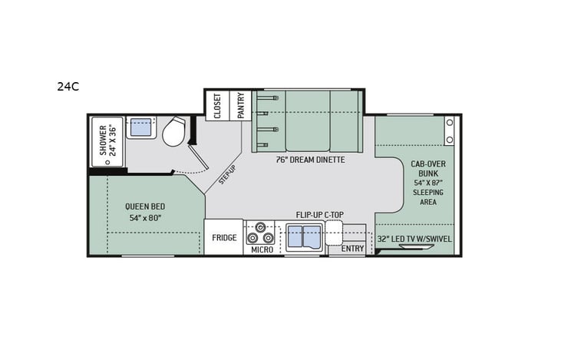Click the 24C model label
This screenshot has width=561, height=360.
[68, 87]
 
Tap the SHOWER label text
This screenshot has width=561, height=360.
[101, 139]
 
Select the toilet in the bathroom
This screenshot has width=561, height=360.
[175, 131]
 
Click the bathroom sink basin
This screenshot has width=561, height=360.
[140, 127]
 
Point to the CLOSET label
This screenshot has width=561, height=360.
[217, 106]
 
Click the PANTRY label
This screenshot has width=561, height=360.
[240, 106]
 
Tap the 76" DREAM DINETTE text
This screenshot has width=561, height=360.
[310, 160]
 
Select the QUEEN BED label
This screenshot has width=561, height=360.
[145, 206]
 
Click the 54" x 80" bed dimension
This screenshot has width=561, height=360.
[145, 218]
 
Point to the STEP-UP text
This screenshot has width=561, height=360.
[226, 175]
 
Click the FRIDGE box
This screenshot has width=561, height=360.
[224, 238]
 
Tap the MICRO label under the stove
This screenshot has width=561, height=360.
[262, 249]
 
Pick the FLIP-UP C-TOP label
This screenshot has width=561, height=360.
[318, 216]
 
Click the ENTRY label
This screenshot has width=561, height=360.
[352, 249]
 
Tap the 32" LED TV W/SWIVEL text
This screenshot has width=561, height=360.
[414, 239]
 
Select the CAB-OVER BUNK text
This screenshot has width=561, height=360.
[428, 169]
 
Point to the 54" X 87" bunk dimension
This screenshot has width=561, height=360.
[428, 184]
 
